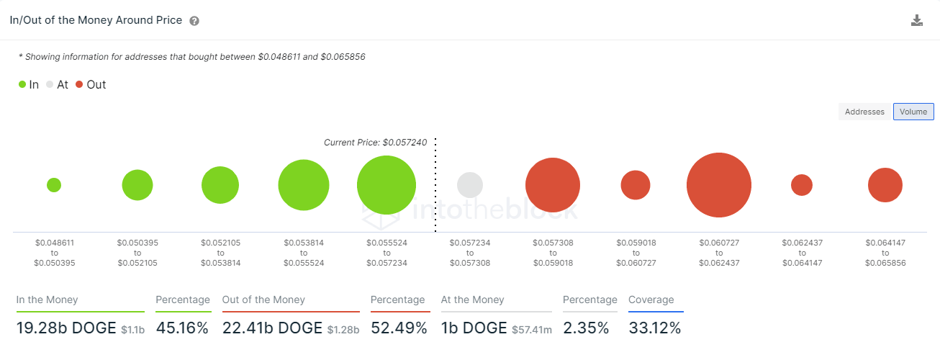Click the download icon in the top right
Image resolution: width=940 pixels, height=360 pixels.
click(x=917, y=20)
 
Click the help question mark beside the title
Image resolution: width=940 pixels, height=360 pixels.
click(x=194, y=21)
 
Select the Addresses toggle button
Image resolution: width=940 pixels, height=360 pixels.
click(x=864, y=112)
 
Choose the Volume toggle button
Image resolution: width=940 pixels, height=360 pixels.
click(x=913, y=112)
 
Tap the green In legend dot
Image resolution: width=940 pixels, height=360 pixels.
click(x=22, y=85)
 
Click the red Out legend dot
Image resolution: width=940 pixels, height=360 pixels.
click(x=79, y=85)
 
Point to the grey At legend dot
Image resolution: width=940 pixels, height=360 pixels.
click(x=50, y=85)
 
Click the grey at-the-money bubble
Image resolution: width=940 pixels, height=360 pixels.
click(x=470, y=185)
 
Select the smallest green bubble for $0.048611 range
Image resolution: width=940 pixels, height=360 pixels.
click(x=54, y=185)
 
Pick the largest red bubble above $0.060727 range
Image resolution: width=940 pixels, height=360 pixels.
click(x=719, y=185)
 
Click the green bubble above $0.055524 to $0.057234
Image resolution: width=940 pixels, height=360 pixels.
click(x=387, y=185)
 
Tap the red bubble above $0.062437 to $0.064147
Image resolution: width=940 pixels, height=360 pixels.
click(x=802, y=185)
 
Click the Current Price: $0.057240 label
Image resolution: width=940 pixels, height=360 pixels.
click(x=375, y=143)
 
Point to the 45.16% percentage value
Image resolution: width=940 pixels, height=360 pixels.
click(x=182, y=328)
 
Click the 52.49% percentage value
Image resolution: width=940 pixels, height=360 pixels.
click(x=399, y=328)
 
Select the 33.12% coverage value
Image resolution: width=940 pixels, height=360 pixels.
click(x=654, y=328)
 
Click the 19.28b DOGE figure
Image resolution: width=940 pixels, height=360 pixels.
click(x=66, y=328)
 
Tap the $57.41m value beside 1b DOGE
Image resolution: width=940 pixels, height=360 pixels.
click(x=532, y=330)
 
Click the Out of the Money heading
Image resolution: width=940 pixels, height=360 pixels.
click(x=263, y=300)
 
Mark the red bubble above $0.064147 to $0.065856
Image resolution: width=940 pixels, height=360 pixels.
click(x=885, y=185)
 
